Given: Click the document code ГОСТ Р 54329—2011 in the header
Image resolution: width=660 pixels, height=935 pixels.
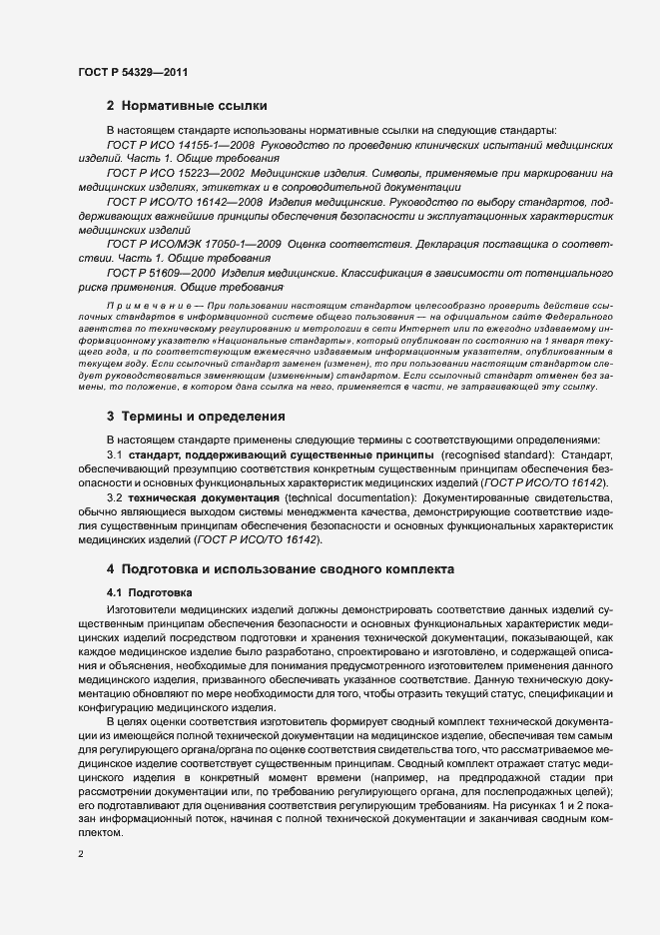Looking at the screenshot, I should (133, 71).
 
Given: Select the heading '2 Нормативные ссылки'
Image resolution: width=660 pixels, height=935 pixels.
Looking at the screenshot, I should (186, 105).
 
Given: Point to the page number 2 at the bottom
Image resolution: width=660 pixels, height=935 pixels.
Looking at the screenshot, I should (80, 855).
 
